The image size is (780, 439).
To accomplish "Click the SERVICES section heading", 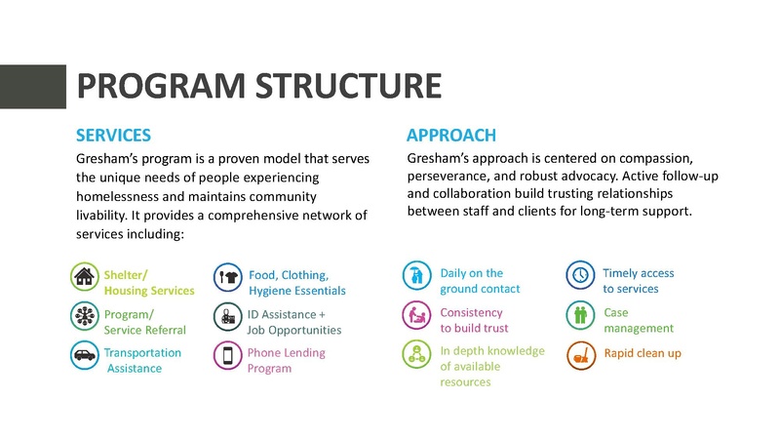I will pos(113,135).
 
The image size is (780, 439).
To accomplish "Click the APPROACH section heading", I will pos(451,135).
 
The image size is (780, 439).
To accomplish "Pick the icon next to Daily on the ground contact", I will pos(417,276).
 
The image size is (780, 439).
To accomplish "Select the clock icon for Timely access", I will pos(581,276).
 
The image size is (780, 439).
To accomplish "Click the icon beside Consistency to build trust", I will pos(417,315).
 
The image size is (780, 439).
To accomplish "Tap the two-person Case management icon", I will pos(581,315).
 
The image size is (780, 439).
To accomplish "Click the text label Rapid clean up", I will pos(643,353).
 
